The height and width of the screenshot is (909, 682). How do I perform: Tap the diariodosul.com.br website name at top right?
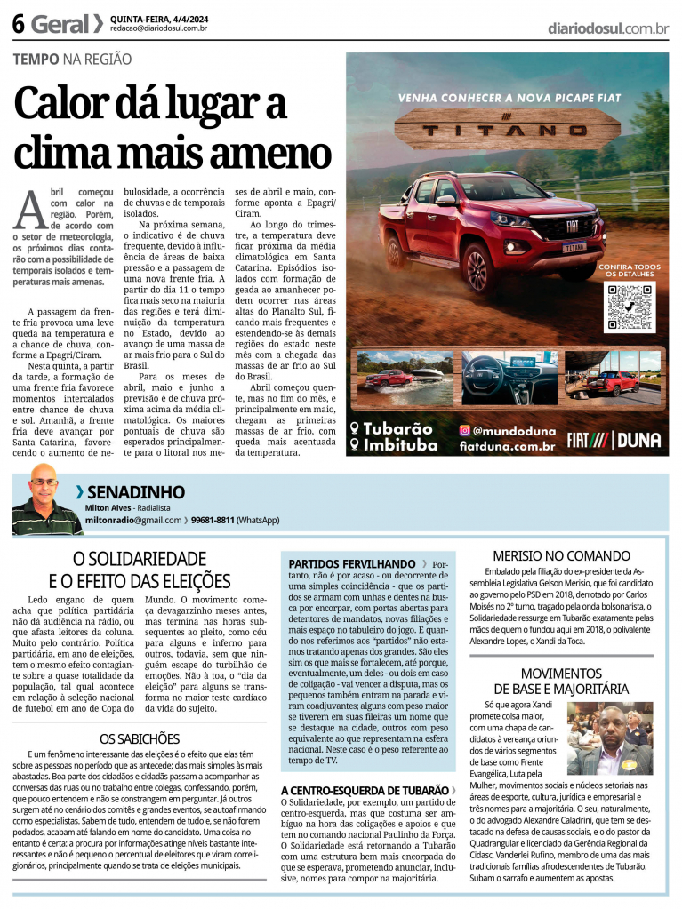click(608, 28)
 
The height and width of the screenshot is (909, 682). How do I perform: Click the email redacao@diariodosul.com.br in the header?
click(159, 28)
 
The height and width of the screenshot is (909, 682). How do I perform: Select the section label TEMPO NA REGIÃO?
click(72, 60)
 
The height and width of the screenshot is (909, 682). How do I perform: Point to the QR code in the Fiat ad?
click(630, 307)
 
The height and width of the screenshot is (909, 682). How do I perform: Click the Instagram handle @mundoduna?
click(509, 430)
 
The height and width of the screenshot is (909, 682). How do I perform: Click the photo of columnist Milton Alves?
click(44, 500)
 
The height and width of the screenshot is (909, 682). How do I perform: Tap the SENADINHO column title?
click(136, 491)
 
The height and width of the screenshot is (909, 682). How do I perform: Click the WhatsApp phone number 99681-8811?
click(213, 520)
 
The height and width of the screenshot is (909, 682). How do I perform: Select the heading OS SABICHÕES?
click(139, 738)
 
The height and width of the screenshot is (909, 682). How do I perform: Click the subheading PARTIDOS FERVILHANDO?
click(352, 563)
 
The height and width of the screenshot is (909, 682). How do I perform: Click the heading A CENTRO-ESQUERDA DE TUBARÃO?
click(365, 790)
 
